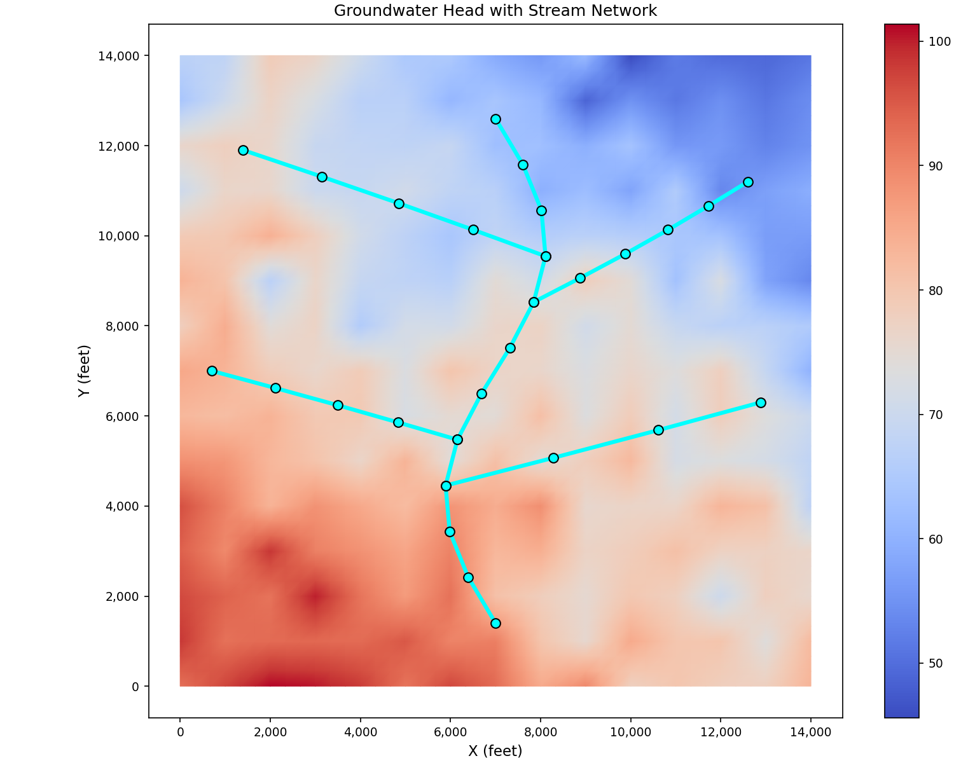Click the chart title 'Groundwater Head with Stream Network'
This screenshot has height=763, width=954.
click(495, 11)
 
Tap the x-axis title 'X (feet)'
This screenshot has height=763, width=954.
click(495, 751)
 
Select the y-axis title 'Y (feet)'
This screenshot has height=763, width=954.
click(84, 371)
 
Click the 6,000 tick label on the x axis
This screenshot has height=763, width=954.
click(450, 732)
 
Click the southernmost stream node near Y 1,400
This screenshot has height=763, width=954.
click(495, 623)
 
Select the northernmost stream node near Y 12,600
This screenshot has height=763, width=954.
click(495, 119)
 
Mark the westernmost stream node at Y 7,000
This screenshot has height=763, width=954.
click(212, 371)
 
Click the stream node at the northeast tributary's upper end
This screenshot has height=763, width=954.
click(748, 182)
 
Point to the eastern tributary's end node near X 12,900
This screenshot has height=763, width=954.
click(761, 402)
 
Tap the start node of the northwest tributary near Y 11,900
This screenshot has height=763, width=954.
click(243, 150)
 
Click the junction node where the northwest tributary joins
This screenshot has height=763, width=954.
click(546, 256)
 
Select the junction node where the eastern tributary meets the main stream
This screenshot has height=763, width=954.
click(446, 486)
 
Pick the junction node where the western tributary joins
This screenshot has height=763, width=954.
click(457, 439)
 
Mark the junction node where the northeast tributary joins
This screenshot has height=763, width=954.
click(534, 302)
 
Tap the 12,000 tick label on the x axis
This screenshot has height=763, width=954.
click(721, 732)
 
